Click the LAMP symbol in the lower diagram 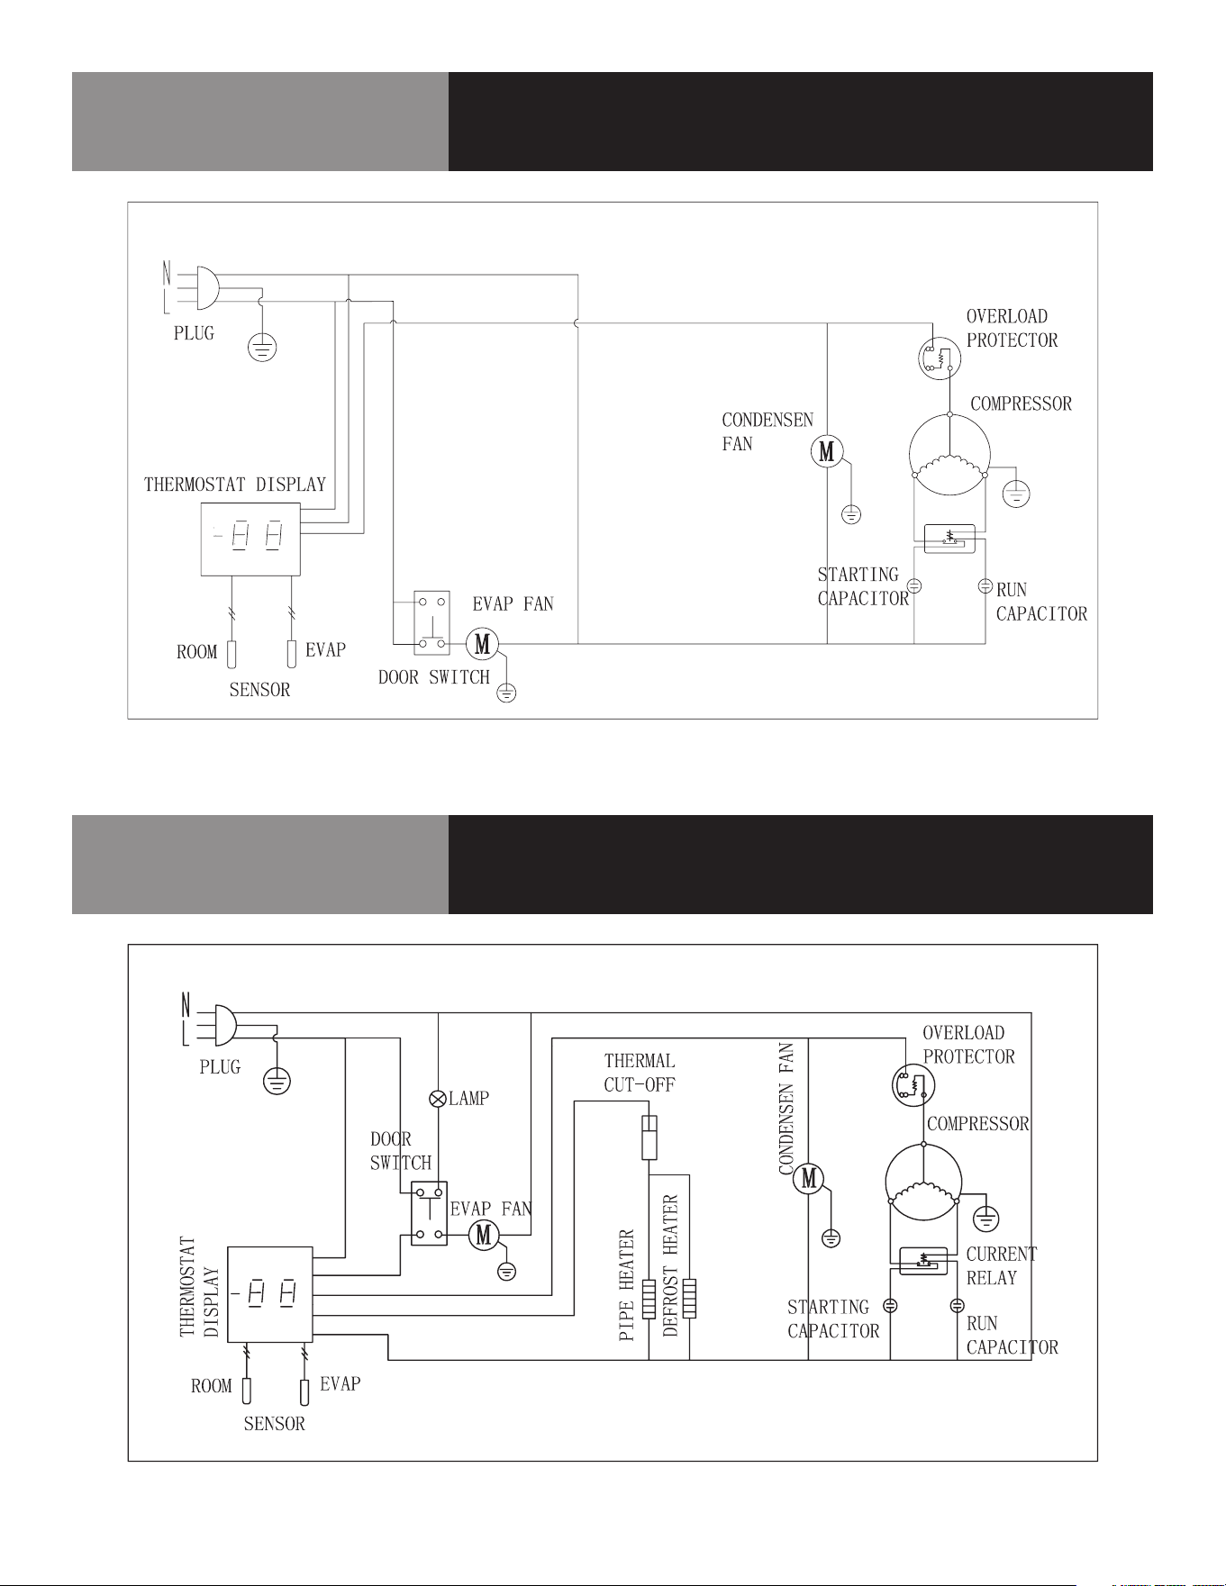click(438, 1099)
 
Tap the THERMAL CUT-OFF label click(640, 1073)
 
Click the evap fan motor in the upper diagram click(482, 644)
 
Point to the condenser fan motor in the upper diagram click(827, 450)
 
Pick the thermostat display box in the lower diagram click(269, 1294)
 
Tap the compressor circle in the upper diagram click(949, 455)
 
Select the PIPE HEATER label click(628, 1285)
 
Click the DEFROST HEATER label click(670, 1265)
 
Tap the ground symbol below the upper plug click(261, 347)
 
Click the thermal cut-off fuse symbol click(649, 1137)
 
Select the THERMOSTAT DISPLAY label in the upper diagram click(235, 485)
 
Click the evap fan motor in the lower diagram click(484, 1234)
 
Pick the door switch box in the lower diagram click(429, 1213)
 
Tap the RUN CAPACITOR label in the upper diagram click(1041, 602)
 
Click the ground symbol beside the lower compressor click(987, 1219)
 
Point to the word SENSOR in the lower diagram click(275, 1424)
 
